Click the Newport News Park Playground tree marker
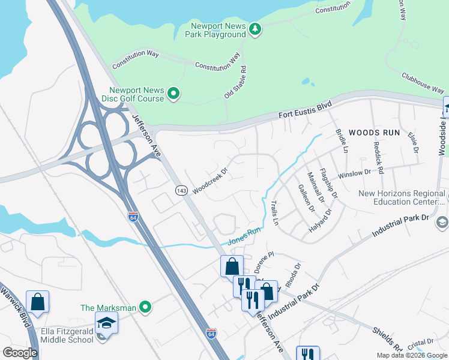[255, 29]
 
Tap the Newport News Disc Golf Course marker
[173, 94]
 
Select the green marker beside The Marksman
[145, 308]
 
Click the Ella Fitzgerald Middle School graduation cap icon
[106, 323]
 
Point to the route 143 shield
[182, 190]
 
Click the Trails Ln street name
[276, 213]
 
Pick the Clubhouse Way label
[423, 82]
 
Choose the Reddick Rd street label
[378, 155]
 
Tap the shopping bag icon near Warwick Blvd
[37, 302]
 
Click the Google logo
[20, 352]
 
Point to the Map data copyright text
[411, 355]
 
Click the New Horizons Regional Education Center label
[402, 198]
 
